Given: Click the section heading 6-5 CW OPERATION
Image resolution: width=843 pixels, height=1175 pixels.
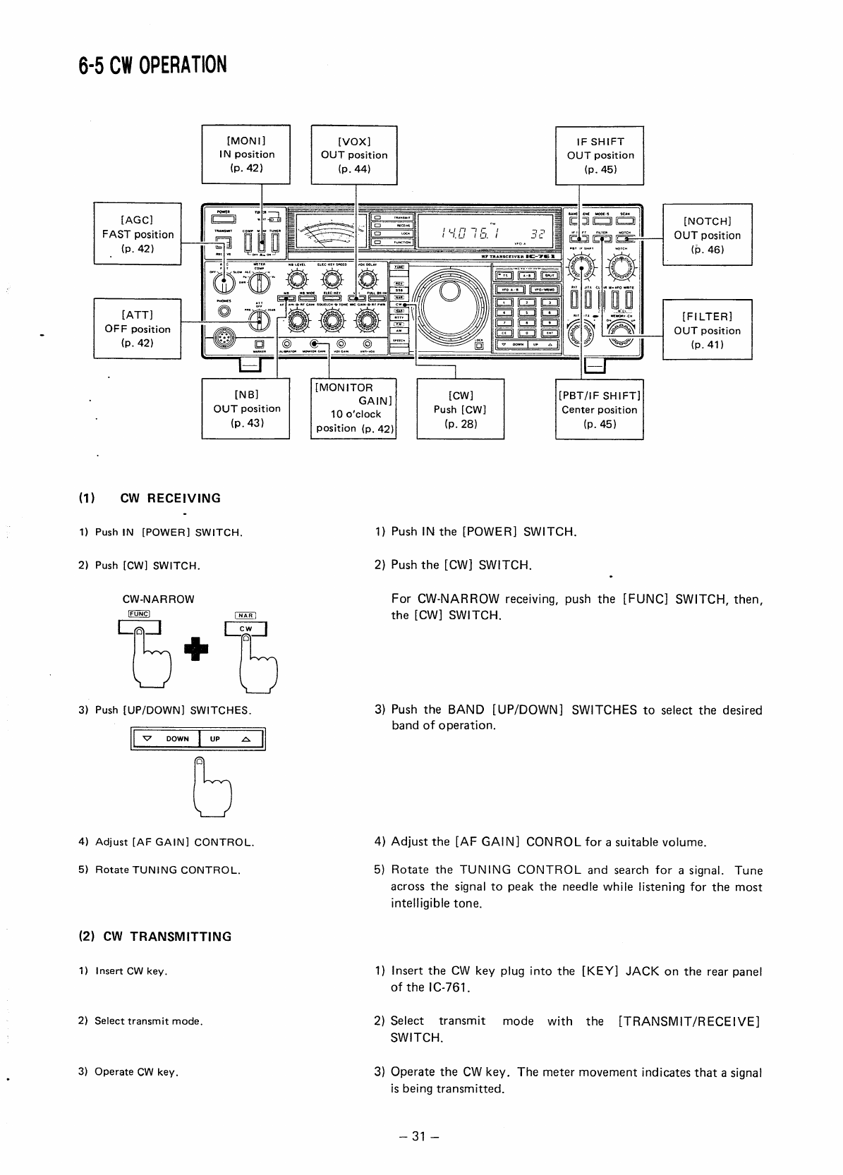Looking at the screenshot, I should pos(152,65).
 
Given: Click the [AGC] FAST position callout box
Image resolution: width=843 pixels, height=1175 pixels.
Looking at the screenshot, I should pos(138,234).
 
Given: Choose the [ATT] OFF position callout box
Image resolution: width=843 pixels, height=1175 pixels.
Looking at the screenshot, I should pos(138,329).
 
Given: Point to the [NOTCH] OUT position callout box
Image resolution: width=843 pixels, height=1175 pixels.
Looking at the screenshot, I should pos(707,235).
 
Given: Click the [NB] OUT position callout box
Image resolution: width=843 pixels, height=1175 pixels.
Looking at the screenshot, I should pos(245,408).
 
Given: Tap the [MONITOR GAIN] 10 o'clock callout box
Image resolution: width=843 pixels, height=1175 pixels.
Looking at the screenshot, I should pos(353,408).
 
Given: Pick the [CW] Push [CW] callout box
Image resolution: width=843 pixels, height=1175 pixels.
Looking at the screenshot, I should pos(460,409).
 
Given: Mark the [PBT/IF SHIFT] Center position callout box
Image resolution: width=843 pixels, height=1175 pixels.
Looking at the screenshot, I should pos(600,409).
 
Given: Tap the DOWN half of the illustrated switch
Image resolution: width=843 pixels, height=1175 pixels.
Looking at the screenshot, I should pos(166,738).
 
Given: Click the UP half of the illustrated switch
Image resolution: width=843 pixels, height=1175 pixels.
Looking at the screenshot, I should pos(231,738).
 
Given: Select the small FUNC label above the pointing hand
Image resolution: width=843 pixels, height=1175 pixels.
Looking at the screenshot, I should pos(139,614).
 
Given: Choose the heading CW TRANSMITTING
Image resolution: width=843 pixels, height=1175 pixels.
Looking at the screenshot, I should pos(154,937).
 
